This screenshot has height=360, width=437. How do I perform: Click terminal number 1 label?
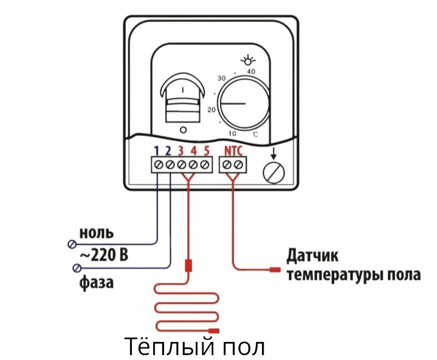tap(156, 150)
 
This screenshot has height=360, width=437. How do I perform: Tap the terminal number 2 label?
tap(168, 150)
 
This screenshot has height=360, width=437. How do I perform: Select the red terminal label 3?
tap(181, 150)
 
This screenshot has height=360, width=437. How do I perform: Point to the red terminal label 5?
tap(206, 150)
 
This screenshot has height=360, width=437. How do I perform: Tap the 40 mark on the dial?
tap(251, 72)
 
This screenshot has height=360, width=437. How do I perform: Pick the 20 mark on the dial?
tap(211, 109)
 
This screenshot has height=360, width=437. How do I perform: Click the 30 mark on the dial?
tap(222, 79)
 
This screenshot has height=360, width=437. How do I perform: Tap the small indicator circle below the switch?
tap(183, 130)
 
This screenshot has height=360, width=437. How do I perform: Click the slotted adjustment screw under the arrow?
tap(273, 173)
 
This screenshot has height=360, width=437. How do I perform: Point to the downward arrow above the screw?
tap(273, 154)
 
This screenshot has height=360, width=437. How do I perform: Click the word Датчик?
tap(313, 256)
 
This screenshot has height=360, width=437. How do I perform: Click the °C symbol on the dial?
tap(255, 135)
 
